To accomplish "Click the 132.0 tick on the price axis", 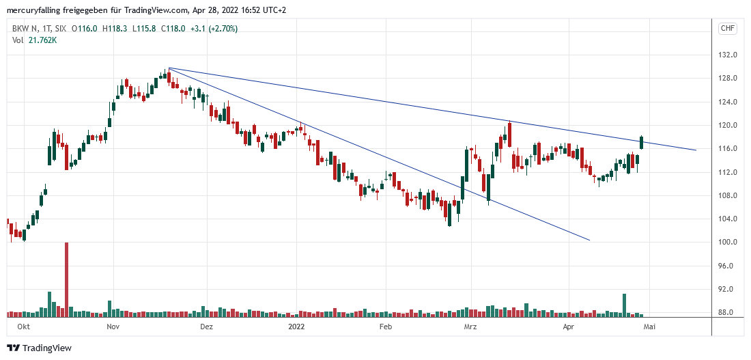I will [x=726, y=55].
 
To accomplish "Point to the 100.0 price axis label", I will [x=726, y=243].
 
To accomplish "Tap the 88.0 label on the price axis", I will [x=726, y=313].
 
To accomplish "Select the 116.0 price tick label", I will [x=726, y=148].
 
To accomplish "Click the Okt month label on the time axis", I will [x=23, y=327].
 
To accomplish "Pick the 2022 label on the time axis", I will [x=296, y=327].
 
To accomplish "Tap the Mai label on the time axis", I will [x=649, y=327].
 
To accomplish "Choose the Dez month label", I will [x=207, y=327].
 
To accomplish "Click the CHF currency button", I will [x=727, y=28].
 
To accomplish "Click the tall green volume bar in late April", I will [x=624, y=305].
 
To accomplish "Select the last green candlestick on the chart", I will [x=642, y=142].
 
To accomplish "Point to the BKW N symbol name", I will [x=26, y=29].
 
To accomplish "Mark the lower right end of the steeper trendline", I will [x=589, y=240].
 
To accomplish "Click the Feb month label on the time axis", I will [x=386, y=327].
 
